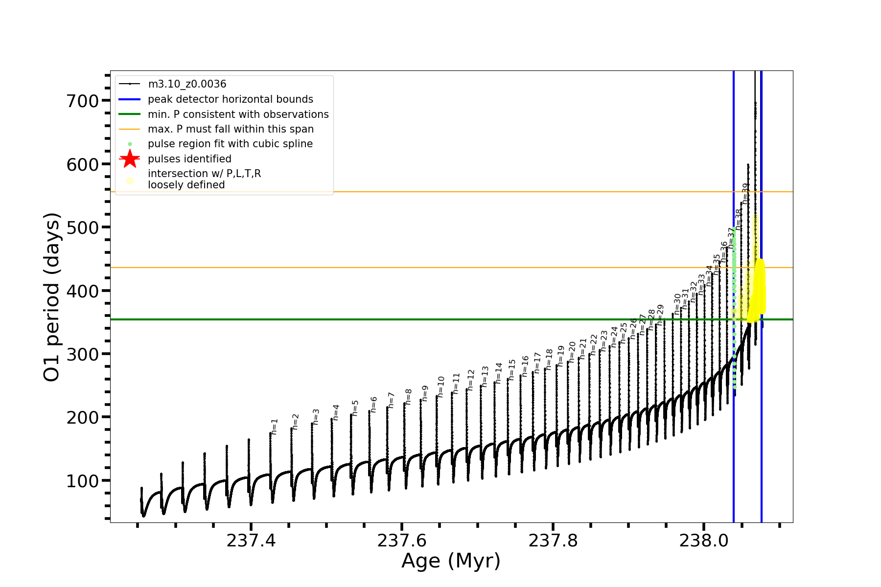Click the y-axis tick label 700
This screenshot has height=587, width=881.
coord(82,101)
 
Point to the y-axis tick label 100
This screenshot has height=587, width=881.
coord(82,481)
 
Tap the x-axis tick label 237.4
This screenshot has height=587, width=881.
coord(251,541)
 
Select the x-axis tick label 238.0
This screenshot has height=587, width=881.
coord(704,541)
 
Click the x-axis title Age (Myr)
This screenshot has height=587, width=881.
coord(451,561)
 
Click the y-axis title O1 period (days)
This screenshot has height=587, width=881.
coord(52,297)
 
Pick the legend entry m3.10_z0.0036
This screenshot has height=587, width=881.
coord(187,84)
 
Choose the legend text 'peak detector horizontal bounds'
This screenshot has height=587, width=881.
coord(230,99)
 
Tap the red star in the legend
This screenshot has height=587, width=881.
coord(130,159)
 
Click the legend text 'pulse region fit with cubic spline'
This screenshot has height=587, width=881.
coord(230,144)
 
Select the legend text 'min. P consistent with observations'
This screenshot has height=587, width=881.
coord(238,114)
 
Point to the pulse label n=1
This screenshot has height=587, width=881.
coord(275,427)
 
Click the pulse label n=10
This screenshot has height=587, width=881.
coord(441,386)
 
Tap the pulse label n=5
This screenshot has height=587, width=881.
coord(355,408)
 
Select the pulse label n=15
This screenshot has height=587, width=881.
coord(512,370)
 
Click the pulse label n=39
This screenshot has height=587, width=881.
coord(745,193)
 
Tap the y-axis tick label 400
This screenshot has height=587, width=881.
coord(82,291)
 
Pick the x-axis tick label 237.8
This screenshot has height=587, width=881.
coord(553,541)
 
